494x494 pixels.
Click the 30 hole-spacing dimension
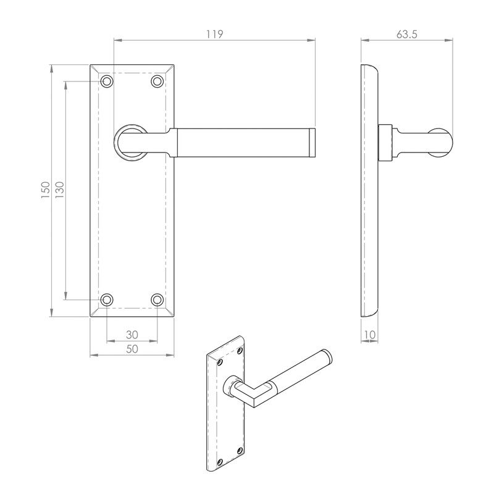132,334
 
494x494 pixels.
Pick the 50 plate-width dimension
132,349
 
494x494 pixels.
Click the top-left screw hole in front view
107,81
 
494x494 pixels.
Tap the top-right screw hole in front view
157,81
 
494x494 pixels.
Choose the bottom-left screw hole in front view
107,299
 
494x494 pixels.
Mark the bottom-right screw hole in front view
157,299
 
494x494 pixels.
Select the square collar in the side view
385,141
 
